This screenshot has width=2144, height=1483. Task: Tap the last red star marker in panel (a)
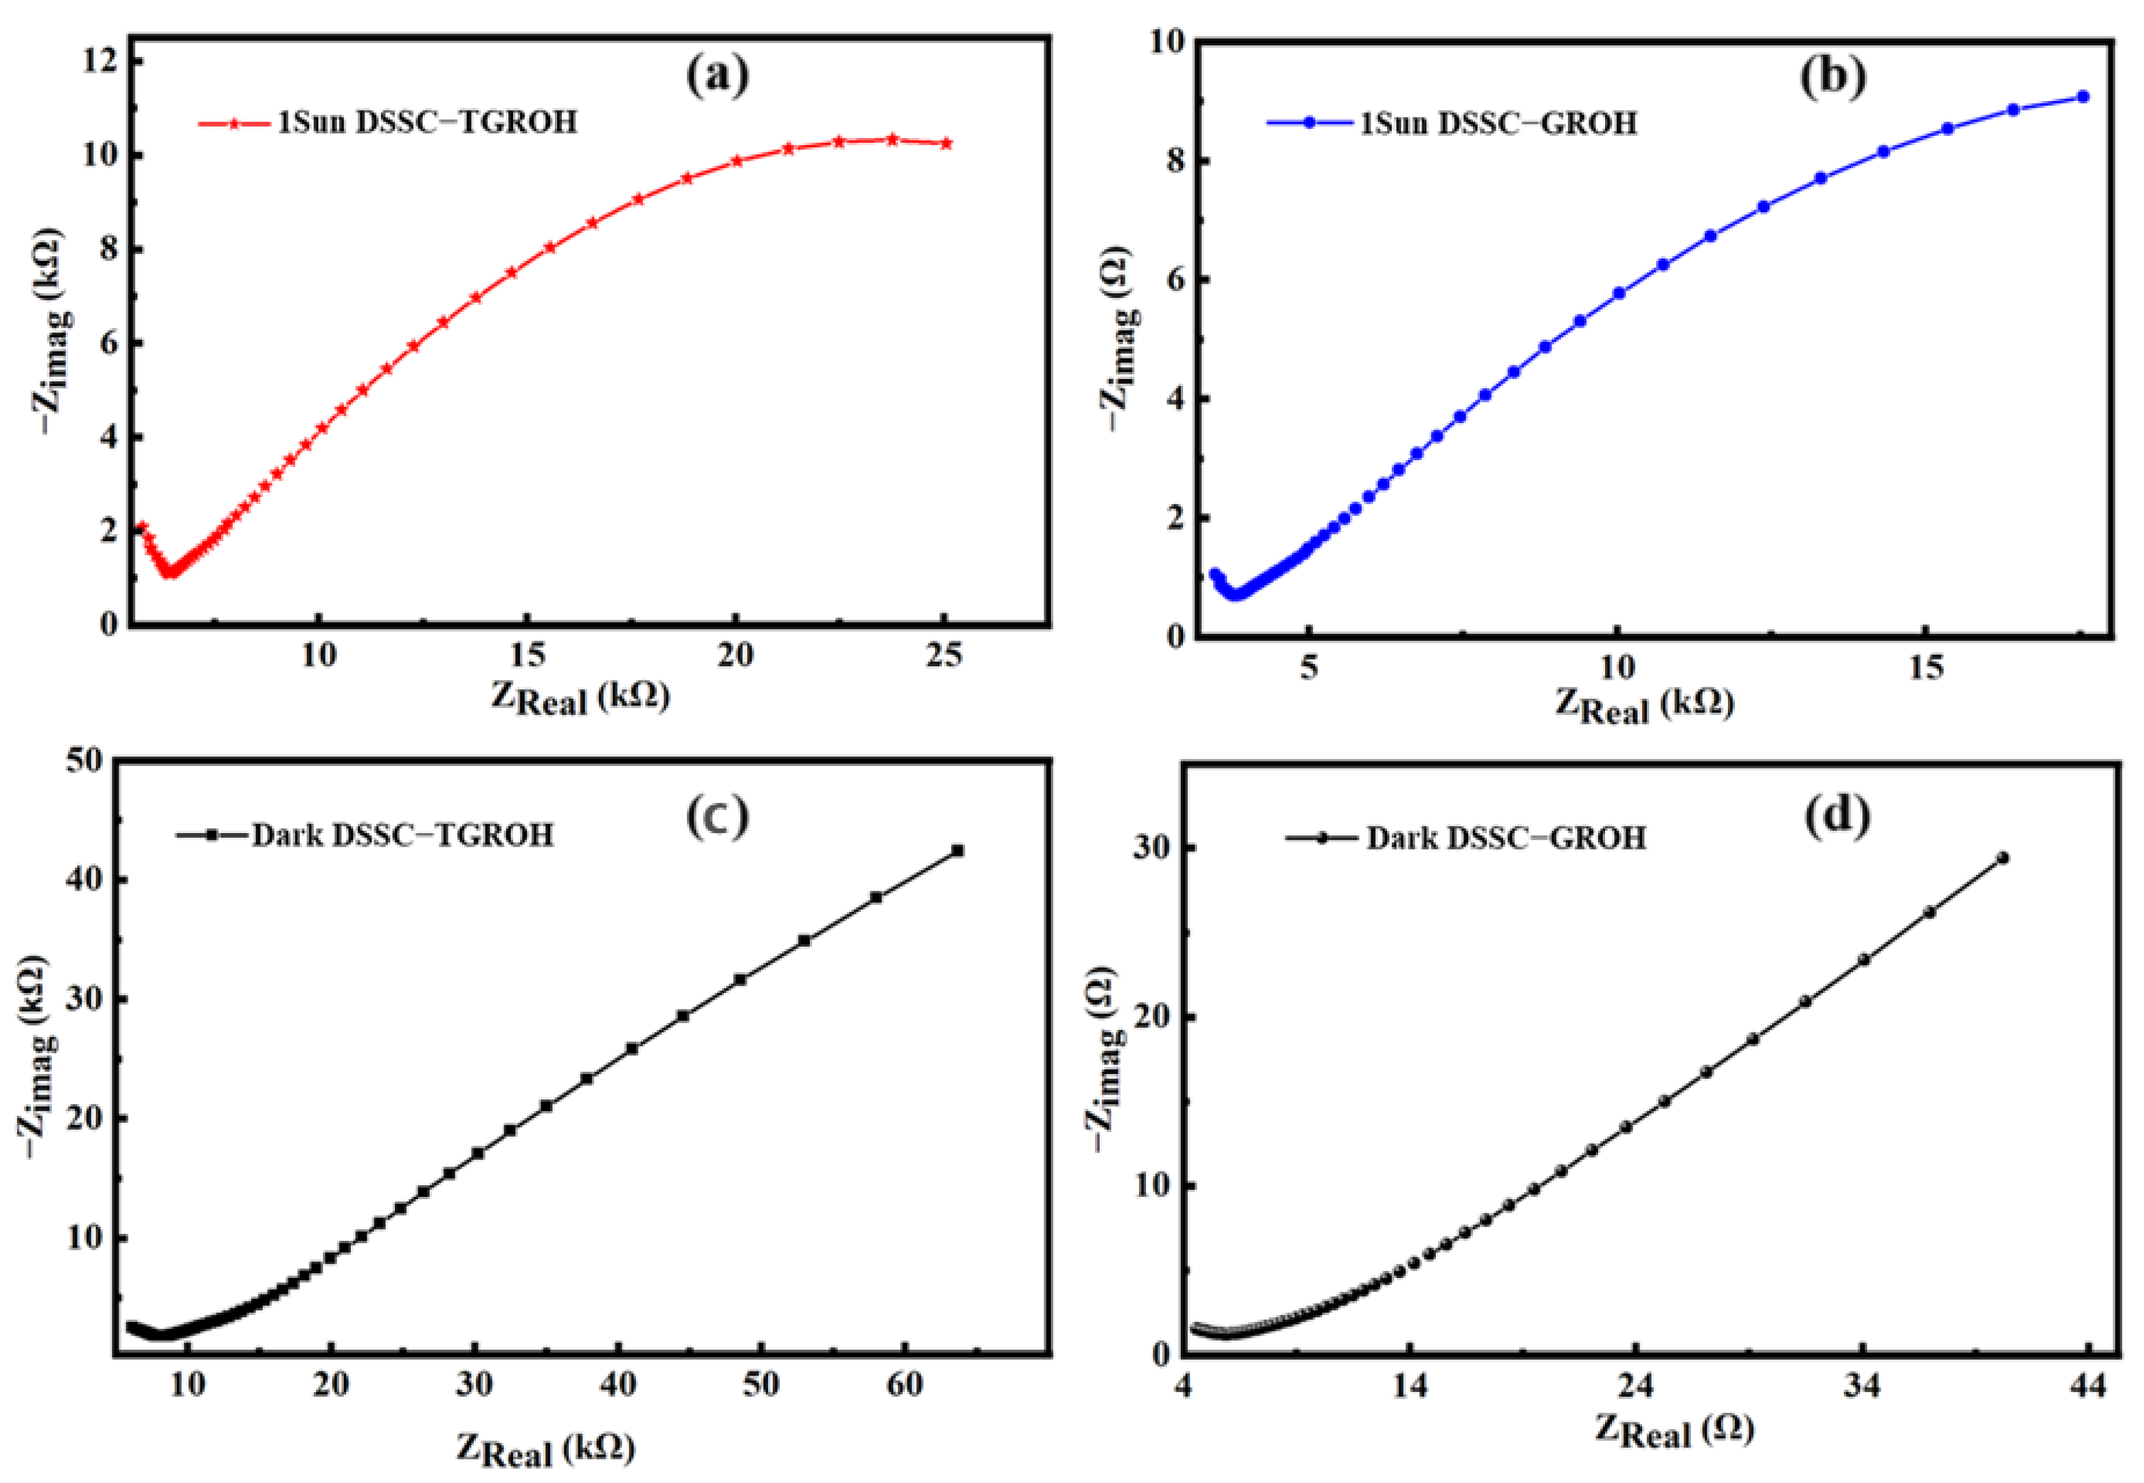[x=946, y=144]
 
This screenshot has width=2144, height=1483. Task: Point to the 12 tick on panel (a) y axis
[x=101, y=61]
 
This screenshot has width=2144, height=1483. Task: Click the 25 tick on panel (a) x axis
[x=944, y=656]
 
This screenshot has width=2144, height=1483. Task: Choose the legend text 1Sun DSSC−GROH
[x=1498, y=123]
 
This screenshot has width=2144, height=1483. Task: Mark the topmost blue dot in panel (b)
[x=2083, y=96]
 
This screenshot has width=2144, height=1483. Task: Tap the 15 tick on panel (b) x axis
[x=1925, y=667]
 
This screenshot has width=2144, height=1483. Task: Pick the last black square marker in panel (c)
[x=957, y=850]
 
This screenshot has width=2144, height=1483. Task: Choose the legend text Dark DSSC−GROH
[x=1506, y=839]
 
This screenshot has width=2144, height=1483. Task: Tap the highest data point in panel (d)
[x=2003, y=858]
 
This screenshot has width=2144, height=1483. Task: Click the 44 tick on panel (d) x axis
[x=2088, y=1387]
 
